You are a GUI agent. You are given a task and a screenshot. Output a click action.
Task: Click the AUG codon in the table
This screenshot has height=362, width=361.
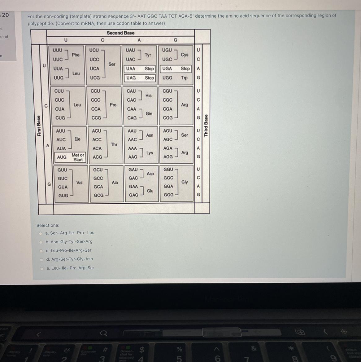[x=62, y=157]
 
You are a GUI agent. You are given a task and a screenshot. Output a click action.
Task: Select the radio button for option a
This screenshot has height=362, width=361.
[x=40, y=233]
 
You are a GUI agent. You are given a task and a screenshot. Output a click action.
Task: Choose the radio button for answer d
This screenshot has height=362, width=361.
[x=41, y=259]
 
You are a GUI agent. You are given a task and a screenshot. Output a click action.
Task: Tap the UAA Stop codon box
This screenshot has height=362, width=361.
[x=140, y=69]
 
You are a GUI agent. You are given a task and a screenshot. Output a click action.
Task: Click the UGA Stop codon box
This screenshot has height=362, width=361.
[x=176, y=69]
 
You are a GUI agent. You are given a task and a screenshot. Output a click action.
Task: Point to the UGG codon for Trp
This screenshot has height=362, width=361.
[x=167, y=78]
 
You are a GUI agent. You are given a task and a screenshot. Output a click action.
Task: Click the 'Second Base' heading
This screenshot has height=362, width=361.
[x=120, y=33]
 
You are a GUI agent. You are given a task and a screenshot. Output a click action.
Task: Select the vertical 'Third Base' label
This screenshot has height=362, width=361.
[x=206, y=126]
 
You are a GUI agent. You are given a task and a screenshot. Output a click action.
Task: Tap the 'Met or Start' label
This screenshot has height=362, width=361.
[x=78, y=157]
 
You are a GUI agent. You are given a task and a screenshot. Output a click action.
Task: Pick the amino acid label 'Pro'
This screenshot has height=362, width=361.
[x=113, y=105]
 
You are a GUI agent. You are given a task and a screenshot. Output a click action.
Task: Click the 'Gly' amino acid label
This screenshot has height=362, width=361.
[x=185, y=182]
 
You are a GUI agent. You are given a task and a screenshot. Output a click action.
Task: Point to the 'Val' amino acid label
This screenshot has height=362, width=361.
[x=79, y=183]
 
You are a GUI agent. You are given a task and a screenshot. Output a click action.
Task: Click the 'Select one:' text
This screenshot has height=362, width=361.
[x=48, y=225]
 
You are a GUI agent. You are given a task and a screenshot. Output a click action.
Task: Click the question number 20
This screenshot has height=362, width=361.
[x=5, y=15]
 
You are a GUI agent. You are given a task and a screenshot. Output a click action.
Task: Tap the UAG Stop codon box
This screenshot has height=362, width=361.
[x=140, y=78]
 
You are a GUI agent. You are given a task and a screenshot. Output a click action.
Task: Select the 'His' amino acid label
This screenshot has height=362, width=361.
[x=149, y=95]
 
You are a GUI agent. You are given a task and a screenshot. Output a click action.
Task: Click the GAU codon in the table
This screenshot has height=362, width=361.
[x=133, y=170]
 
